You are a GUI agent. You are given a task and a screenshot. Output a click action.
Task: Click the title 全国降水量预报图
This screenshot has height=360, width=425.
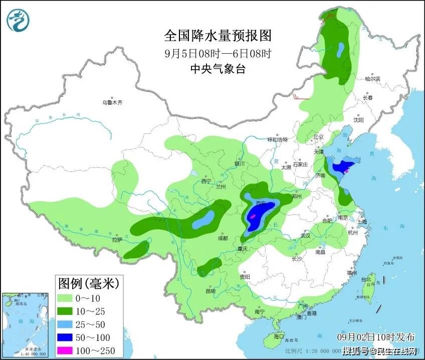coord(218,36)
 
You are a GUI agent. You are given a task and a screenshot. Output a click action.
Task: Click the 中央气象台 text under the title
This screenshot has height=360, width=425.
coord(218,69)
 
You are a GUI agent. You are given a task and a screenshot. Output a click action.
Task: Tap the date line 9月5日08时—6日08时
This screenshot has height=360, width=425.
coord(218,53)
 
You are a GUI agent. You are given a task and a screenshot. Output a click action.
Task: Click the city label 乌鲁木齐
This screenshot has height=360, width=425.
coord(112,102)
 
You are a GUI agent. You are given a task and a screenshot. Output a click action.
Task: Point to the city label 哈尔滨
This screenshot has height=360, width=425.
coord(373,79)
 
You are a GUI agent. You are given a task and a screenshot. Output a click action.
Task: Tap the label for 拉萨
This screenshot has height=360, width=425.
coord(117,240)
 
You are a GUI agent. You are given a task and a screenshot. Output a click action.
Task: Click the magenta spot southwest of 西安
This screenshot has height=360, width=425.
coord(254,216)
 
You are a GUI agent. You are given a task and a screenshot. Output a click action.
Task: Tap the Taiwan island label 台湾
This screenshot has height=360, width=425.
coord(368,279)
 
